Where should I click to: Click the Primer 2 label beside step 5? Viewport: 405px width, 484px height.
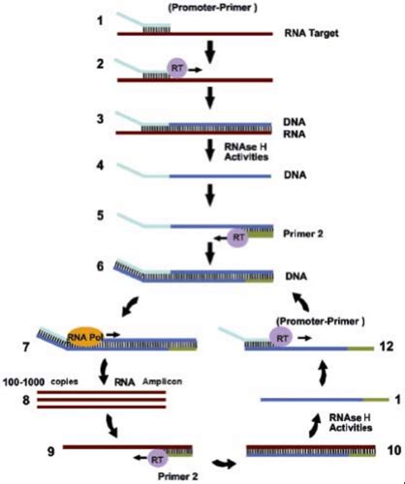coord(308,232)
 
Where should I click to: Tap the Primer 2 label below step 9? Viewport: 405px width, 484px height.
coord(156,475)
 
